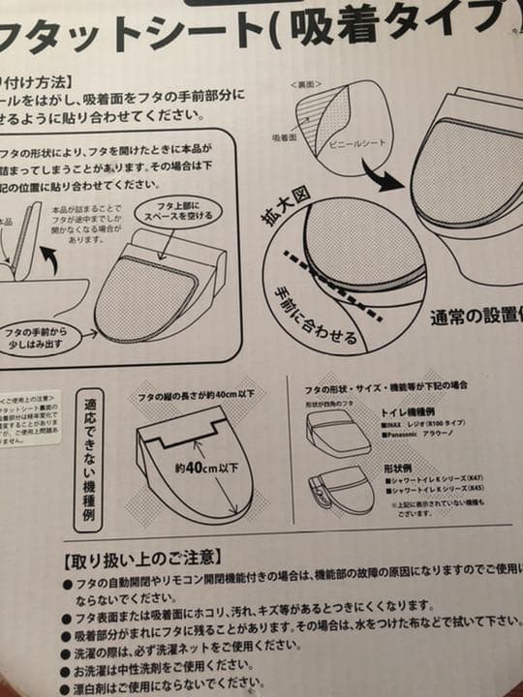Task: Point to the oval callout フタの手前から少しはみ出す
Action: click(x=46, y=335)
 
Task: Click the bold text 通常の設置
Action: click(x=475, y=316)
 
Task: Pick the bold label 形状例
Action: click(x=401, y=467)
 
